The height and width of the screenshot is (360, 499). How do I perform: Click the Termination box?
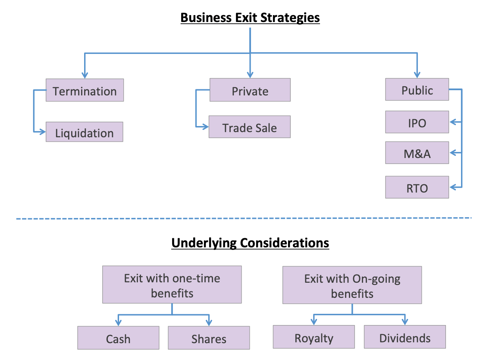point(85,90)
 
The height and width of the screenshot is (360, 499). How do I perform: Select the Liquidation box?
point(85,132)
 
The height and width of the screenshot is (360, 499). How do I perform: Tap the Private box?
point(250,90)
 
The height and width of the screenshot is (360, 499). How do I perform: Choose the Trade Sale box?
point(249,127)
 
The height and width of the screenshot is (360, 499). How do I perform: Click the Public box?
point(417,89)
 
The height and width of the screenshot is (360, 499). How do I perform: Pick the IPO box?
point(417,122)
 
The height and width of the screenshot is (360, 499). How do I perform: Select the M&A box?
point(417,153)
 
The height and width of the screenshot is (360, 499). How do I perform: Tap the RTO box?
point(417,187)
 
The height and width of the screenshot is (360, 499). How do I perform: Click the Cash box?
point(118,338)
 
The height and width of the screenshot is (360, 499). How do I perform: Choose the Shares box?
point(209,338)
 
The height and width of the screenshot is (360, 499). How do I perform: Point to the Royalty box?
point(314,337)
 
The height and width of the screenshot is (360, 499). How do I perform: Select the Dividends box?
point(405,337)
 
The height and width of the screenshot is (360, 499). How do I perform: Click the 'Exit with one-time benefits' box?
point(172,284)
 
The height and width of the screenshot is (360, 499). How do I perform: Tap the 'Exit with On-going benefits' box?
point(352,285)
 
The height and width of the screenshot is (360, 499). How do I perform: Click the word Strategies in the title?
point(290,18)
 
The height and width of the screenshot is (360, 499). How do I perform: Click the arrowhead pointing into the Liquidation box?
point(43,132)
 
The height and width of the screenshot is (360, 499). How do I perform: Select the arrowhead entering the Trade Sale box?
point(206,127)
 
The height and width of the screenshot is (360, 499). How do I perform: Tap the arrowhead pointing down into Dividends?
point(405,322)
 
